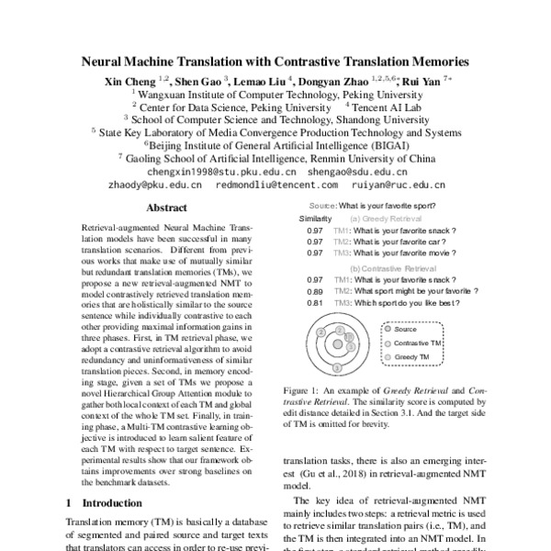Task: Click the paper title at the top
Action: coord(275,63)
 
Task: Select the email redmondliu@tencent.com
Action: coord(263,184)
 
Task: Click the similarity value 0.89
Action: coord(315,290)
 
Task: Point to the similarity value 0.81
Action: coord(315,302)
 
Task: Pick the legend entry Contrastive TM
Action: coord(422,342)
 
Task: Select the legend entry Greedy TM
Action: coord(414,355)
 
